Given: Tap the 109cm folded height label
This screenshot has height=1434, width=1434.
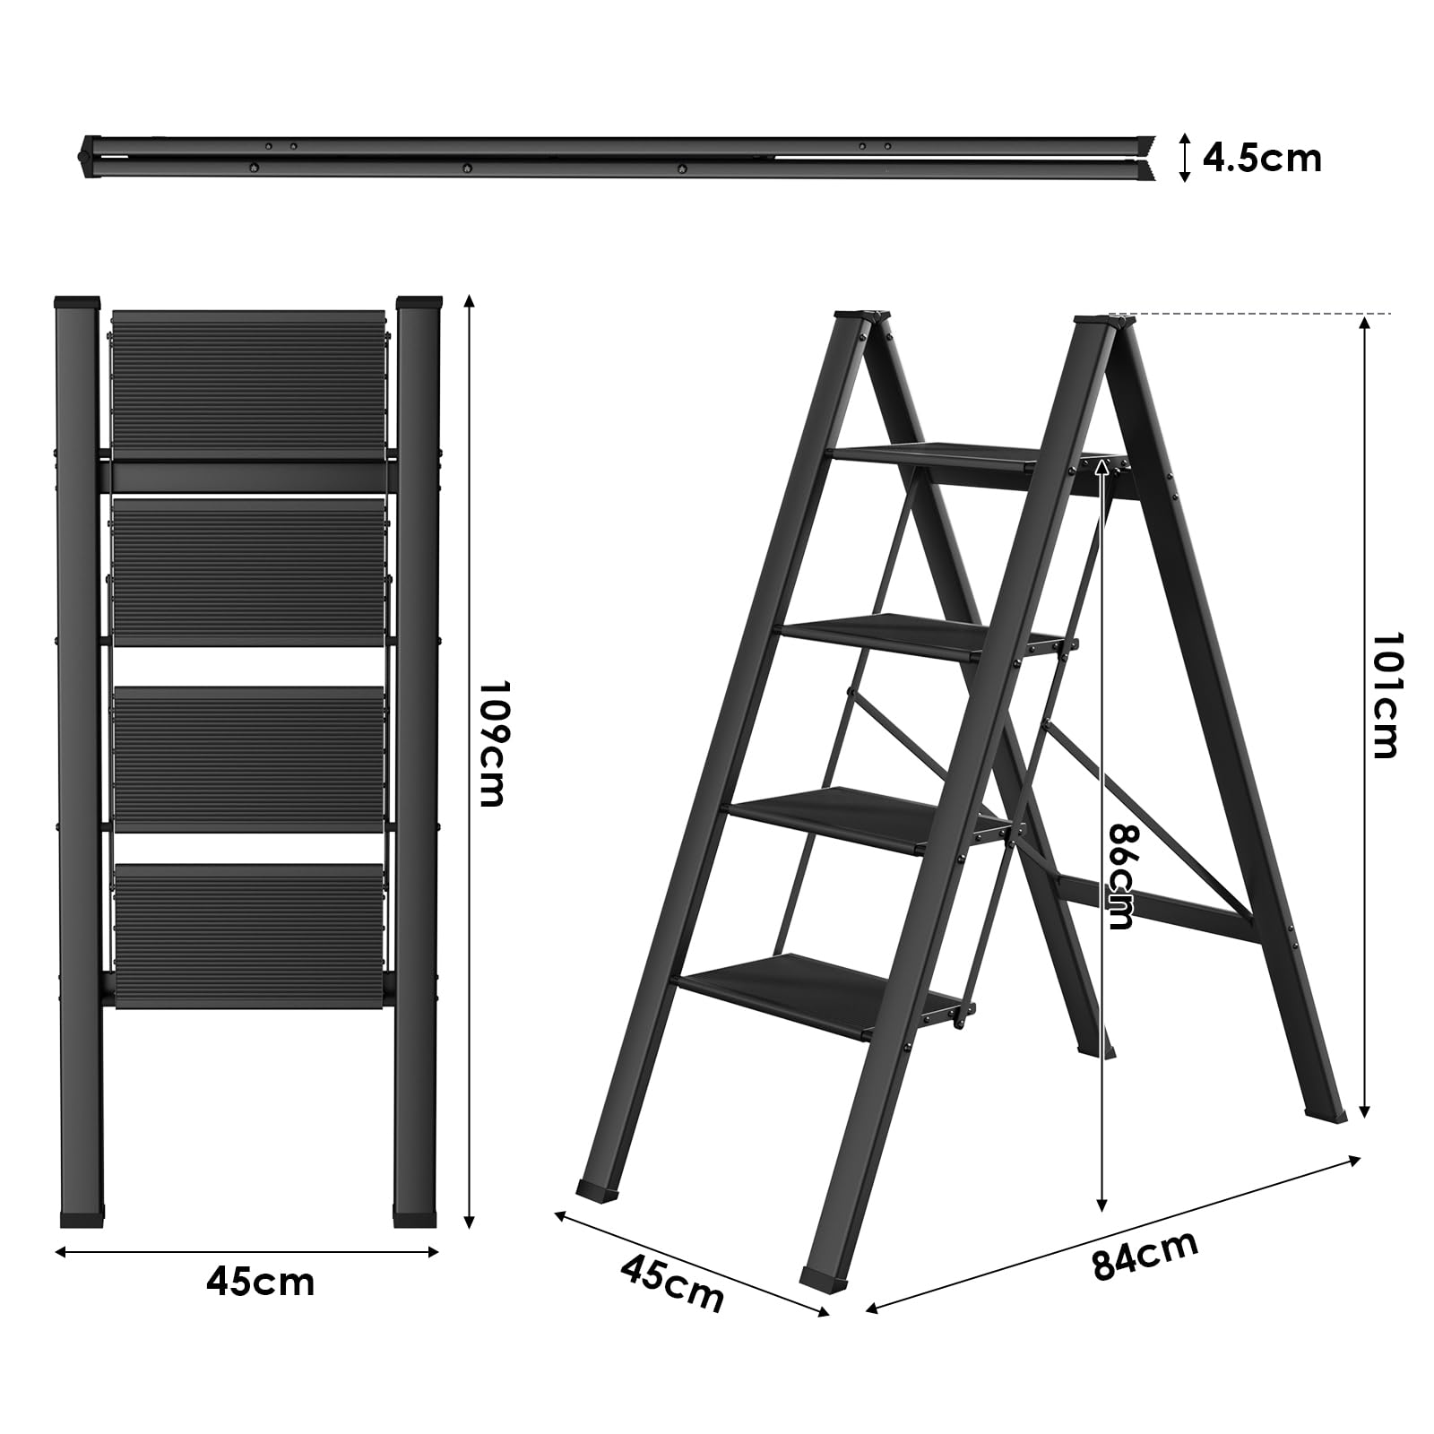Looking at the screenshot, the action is pos(492,743).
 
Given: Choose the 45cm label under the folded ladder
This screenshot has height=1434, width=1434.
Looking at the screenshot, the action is pos(260,1283).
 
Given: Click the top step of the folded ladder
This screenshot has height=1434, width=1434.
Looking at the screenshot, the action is pos(248,384).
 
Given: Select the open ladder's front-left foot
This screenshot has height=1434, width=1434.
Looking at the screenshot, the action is pos(600,1191).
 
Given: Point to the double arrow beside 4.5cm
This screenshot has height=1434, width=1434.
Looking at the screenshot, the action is pos(1184,159).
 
